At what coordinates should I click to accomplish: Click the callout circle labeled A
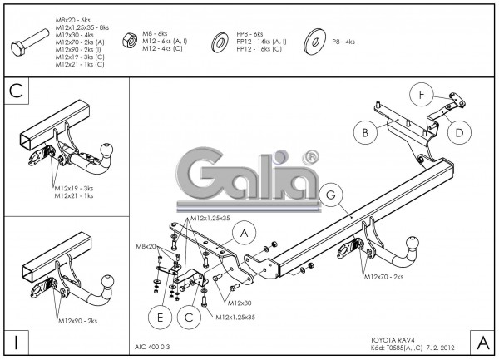(244, 235)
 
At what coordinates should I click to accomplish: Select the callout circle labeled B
(363, 131)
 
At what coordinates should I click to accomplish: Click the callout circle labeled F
(422, 96)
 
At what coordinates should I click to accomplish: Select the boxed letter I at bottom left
(17, 340)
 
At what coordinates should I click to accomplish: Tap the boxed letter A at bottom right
(482, 340)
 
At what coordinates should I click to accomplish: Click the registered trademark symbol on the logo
(309, 157)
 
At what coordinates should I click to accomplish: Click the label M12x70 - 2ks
(383, 275)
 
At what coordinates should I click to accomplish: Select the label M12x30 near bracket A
(240, 303)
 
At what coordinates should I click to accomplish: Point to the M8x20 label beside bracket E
(146, 247)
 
